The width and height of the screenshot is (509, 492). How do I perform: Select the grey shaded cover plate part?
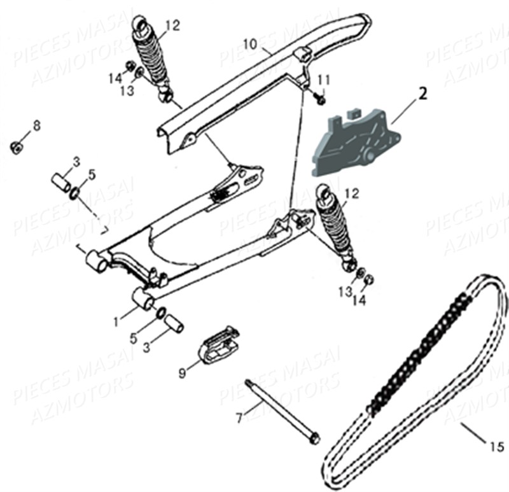(350, 144)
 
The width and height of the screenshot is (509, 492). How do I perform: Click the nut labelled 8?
(17, 148)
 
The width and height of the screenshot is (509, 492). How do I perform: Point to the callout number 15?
(496, 445)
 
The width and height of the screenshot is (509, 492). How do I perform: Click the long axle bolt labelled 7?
(280, 410)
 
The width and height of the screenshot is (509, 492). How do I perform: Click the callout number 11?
(324, 80)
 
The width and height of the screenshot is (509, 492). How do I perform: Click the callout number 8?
(36, 125)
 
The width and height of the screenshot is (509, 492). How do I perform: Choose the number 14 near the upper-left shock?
(115, 78)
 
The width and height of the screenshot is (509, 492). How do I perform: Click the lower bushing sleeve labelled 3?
(173, 323)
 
